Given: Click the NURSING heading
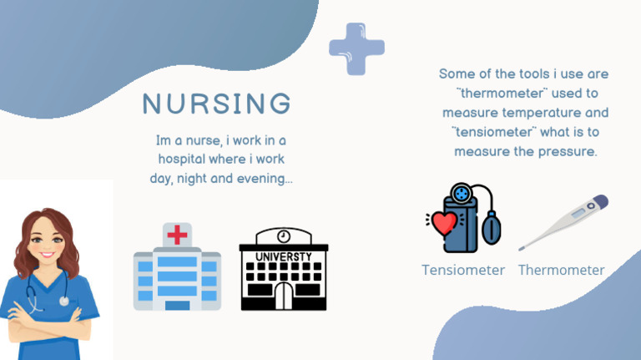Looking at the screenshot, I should tap(217, 104).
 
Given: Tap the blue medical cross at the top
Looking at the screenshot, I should tap(356, 49).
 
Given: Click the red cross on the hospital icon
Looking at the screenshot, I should tap(177, 236).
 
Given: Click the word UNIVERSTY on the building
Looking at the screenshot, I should tap(284, 256).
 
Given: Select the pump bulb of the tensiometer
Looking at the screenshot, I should tap(492, 226).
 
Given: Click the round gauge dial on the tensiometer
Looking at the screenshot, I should tap(461, 193).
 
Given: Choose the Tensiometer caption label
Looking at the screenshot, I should tap(463, 270).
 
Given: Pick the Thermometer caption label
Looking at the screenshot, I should tap(561, 270).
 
